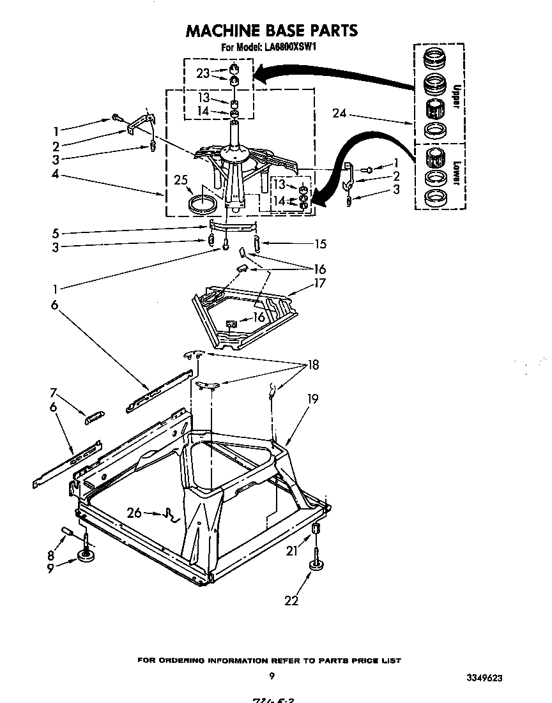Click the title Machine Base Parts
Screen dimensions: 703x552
coord(272,31)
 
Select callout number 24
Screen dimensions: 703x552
coord(339,114)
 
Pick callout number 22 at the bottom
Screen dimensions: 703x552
coord(292,600)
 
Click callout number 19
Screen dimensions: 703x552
coord(312,398)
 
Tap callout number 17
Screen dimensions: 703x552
coord(319,283)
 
